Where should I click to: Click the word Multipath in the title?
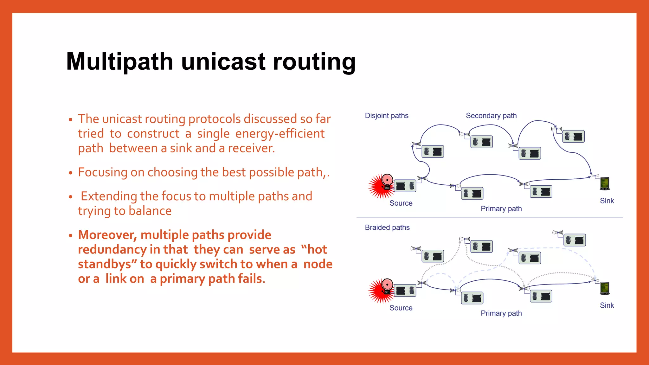tap(119, 61)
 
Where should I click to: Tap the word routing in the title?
tap(314, 61)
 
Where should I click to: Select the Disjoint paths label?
tap(387, 116)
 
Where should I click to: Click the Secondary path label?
tap(491, 116)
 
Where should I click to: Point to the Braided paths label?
tap(387, 227)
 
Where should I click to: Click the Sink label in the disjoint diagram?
tap(607, 201)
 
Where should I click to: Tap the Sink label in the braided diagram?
tap(607, 305)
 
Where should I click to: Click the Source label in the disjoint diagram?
tap(401, 203)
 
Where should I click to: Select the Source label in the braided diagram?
tap(401, 308)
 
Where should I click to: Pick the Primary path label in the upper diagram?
tap(501, 209)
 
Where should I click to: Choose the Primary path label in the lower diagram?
tap(501, 313)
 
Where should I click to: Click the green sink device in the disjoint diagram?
tap(605, 184)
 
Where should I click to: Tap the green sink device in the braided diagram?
tap(605, 288)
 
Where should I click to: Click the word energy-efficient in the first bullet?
tap(280, 134)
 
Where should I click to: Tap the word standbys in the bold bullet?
tap(104, 264)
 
